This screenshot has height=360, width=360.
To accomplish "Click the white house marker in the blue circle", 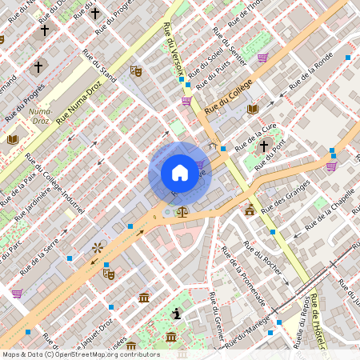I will click(180, 173).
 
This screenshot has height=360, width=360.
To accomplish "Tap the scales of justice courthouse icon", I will click(182, 212).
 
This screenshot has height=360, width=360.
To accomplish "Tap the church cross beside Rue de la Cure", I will click(264, 146).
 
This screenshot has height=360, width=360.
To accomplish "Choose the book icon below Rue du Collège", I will click(253, 109).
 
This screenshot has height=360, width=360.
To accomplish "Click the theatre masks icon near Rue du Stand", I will click(136, 70).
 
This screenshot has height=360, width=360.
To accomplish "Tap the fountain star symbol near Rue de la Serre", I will click(98, 248).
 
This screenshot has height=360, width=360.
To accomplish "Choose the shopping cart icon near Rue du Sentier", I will click(262, 58).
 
